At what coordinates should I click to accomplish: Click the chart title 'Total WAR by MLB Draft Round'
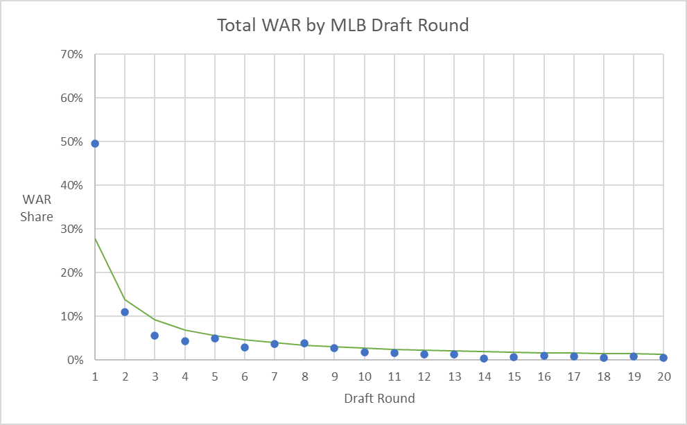pyautogui.click(x=343, y=26)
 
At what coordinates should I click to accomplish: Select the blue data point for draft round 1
pyautogui.click(x=95, y=144)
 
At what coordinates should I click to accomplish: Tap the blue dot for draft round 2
pyautogui.click(x=125, y=312)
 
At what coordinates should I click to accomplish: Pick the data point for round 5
pyautogui.click(x=215, y=338)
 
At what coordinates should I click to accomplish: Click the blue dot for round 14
pyautogui.click(x=484, y=358)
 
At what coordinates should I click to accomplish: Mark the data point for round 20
pyautogui.click(x=663, y=358)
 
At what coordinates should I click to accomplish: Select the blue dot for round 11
pyautogui.click(x=394, y=353)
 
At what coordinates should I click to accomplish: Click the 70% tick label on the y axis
pyautogui.click(x=71, y=55)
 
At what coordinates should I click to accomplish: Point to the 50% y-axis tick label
pyautogui.click(x=71, y=142)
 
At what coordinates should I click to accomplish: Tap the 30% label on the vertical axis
pyautogui.click(x=71, y=229)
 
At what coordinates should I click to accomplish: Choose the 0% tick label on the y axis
pyautogui.click(x=74, y=361)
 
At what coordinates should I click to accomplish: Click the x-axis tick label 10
pyautogui.click(x=364, y=376)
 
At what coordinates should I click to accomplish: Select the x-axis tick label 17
pyautogui.click(x=574, y=376)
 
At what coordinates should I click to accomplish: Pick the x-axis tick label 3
pyautogui.click(x=155, y=376)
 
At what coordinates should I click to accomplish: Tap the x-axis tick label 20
pyautogui.click(x=663, y=376)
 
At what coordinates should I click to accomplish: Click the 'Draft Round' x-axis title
pyautogui.click(x=379, y=399)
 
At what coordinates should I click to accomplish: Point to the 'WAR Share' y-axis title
pyautogui.click(x=37, y=208)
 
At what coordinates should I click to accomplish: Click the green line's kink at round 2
pyautogui.click(x=125, y=300)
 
